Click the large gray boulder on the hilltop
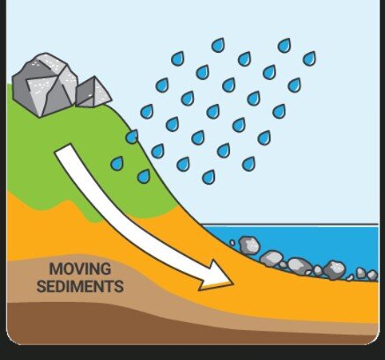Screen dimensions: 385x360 pos(46,85)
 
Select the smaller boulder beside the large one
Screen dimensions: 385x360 pos(93,92)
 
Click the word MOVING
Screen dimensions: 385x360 pos(80,269)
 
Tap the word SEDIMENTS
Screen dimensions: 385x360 pos(80,286)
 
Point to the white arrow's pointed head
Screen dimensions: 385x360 pos(233,283)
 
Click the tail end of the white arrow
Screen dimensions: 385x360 pos(63,149)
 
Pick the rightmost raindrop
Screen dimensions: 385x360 pos(309,58)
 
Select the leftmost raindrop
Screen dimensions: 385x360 pos(117,164)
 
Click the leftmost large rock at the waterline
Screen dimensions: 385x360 pos(249,246)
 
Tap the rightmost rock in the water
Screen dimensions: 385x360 pos(373,276)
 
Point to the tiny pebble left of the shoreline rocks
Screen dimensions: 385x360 pos(233,243)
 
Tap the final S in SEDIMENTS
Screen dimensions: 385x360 pos(119,287)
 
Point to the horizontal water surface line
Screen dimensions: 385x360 pos(291,224)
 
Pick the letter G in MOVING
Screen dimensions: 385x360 pos(106,269)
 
